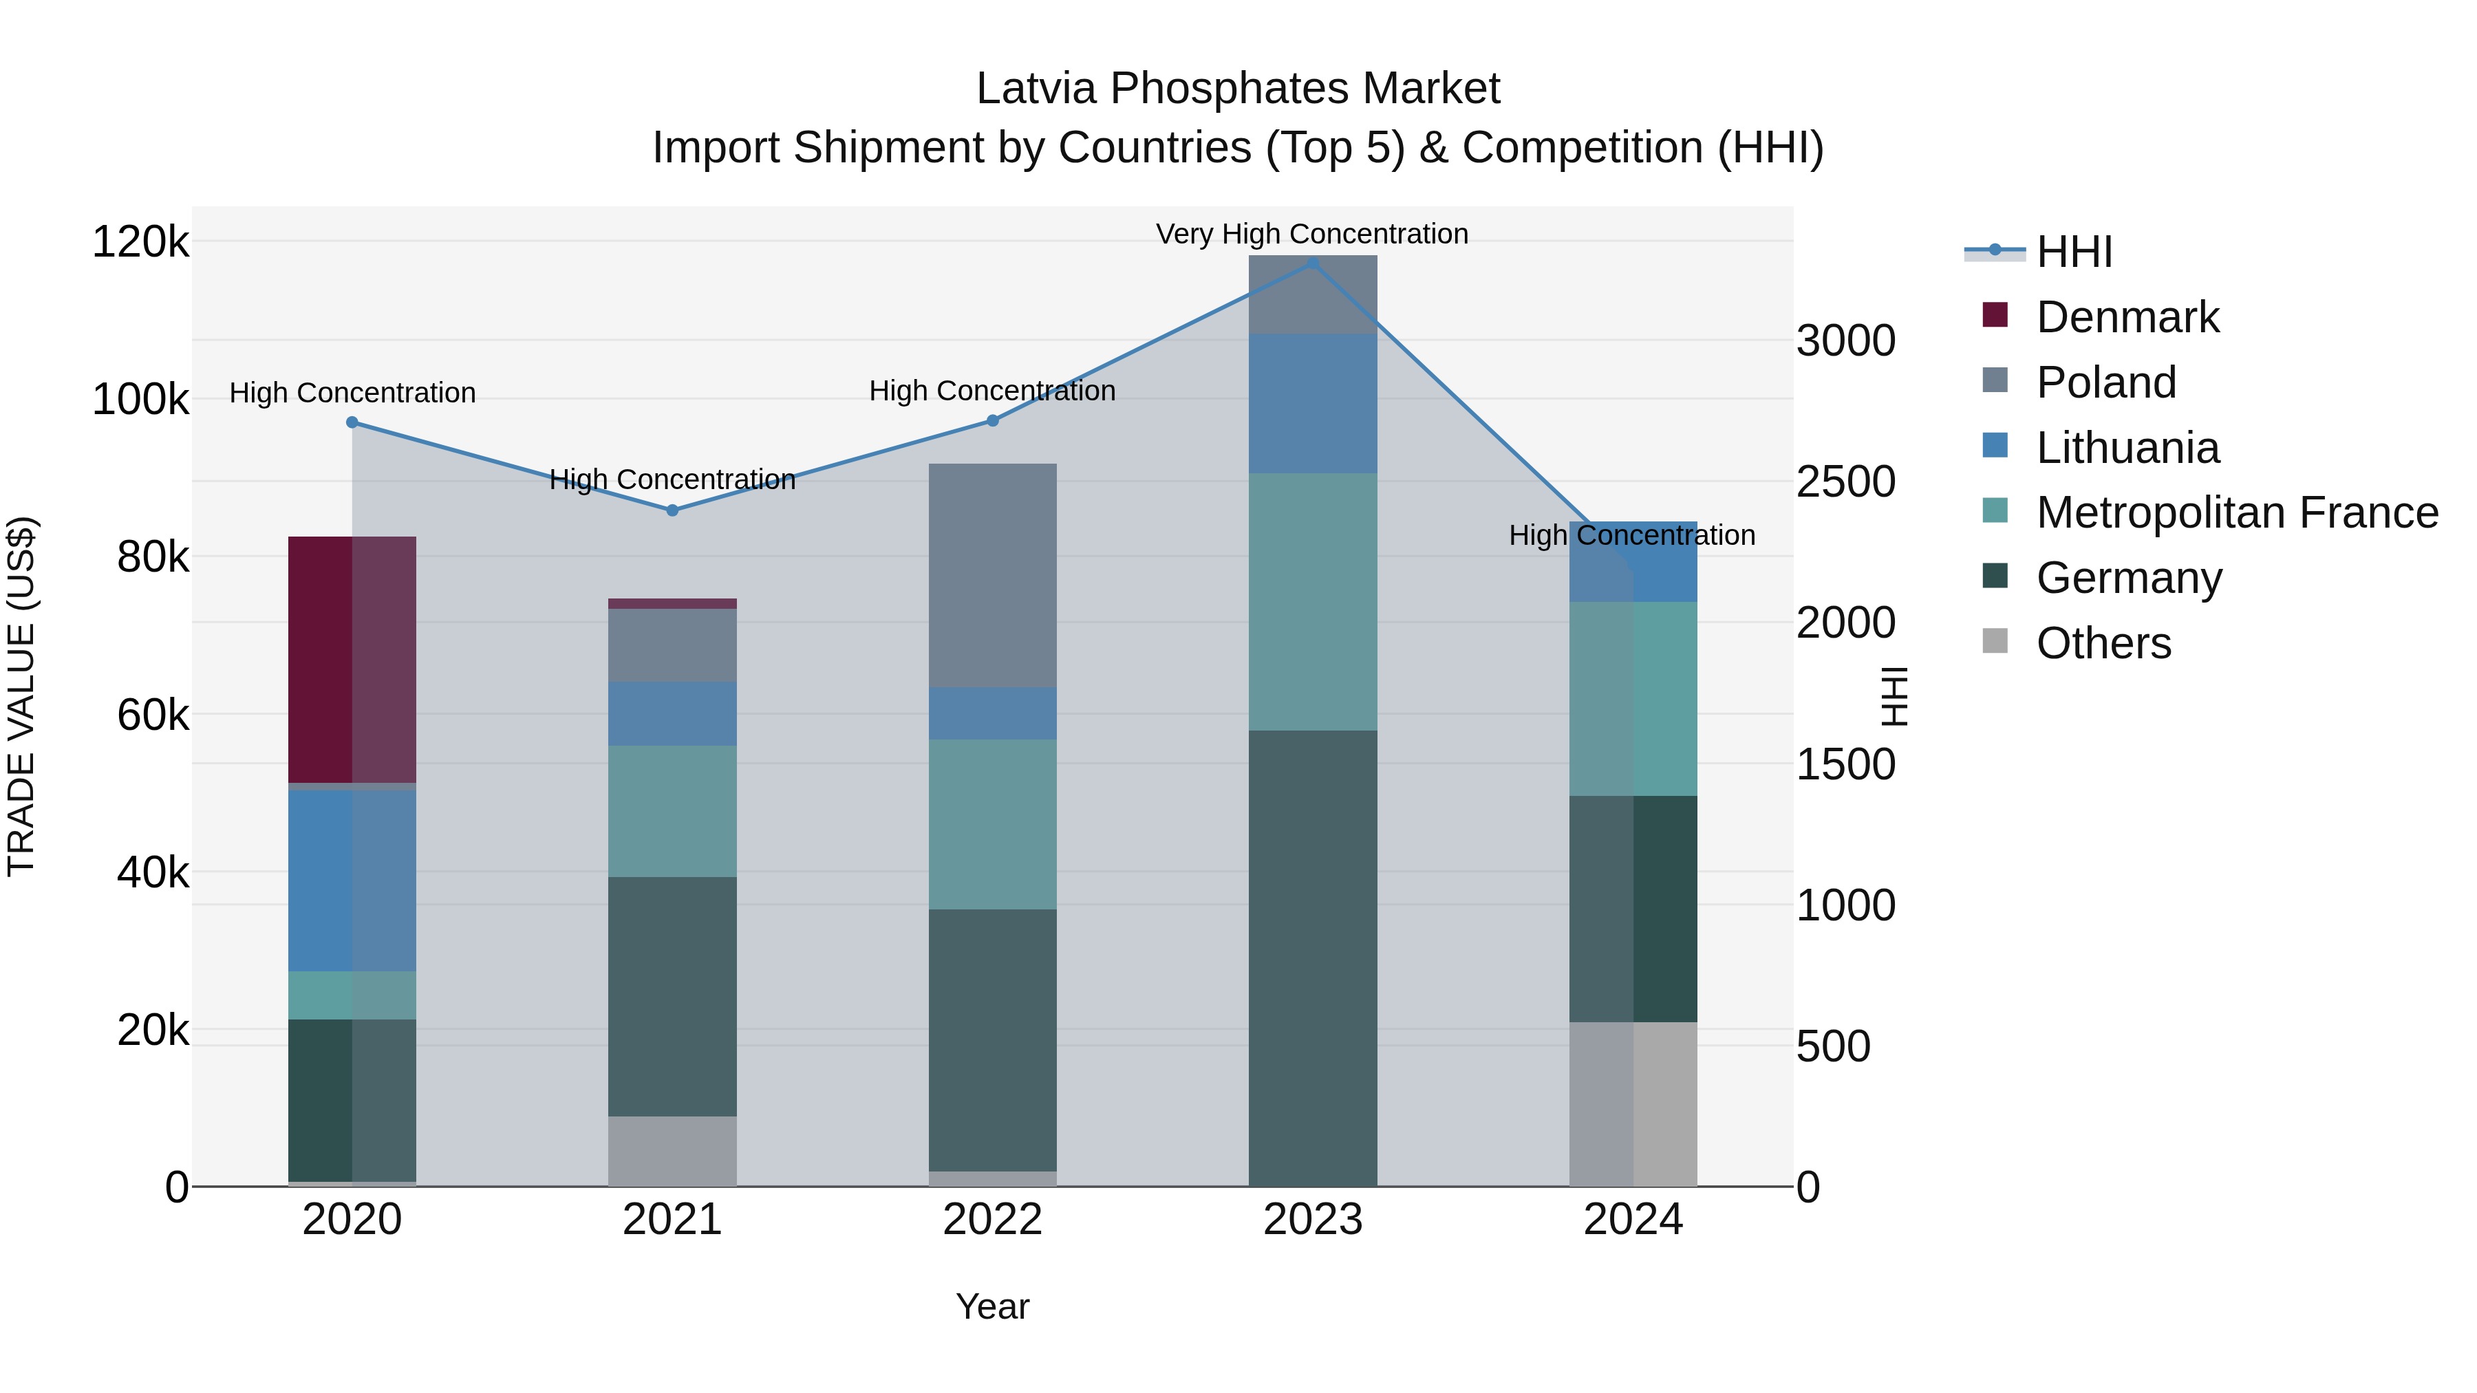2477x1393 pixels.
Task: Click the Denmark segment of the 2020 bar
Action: tap(352, 660)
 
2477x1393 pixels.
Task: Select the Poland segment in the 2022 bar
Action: tap(992, 575)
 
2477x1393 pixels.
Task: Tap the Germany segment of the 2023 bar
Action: tap(1313, 958)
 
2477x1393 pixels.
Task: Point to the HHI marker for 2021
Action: tap(672, 510)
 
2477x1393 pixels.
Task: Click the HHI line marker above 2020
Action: tap(352, 422)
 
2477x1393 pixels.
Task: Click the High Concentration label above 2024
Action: tap(1632, 535)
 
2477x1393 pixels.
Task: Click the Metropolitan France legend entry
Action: tap(2237, 512)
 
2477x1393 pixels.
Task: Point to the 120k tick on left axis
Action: tap(140, 241)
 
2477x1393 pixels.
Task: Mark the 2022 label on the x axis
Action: tap(992, 1220)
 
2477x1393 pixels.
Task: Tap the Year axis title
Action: tap(992, 1306)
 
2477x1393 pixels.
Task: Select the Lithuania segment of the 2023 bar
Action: tap(1313, 403)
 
